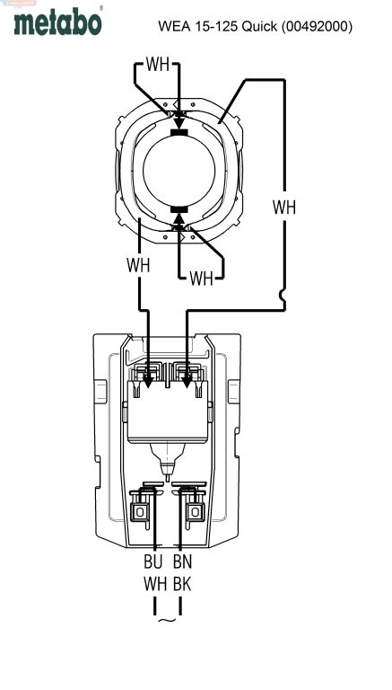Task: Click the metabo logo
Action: point(58,22)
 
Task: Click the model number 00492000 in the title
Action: point(317,26)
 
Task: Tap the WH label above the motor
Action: point(157,65)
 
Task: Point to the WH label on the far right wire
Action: point(283,208)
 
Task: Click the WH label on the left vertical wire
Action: point(138,265)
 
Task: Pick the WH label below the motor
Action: point(201,279)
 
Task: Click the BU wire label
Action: point(152,562)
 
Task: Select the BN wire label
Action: point(182,562)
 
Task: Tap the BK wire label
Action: point(182,584)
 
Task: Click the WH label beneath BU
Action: point(155,584)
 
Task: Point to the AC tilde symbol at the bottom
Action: point(167,621)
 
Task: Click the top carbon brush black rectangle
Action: point(179,132)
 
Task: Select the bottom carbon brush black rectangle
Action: point(179,209)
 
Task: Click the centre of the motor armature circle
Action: point(179,171)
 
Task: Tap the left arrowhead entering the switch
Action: point(148,381)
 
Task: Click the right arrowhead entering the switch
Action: point(187,381)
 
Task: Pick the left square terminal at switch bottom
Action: point(140,512)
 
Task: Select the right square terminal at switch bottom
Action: point(194,512)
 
